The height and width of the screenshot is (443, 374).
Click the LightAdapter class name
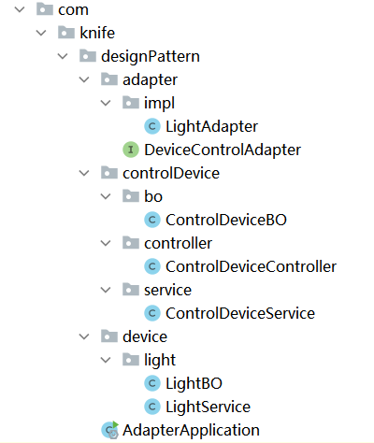click(211, 126)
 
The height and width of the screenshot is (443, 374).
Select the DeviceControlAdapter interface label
click(223, 150)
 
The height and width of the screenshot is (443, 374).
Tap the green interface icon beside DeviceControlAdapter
click(131, 150)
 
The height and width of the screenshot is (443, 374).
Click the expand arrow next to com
click(20, 9)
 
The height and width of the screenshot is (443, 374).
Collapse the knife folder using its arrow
click(41, 33)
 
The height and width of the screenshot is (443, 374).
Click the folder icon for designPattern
click(88, 56)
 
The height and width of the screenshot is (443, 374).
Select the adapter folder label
click(150, 80)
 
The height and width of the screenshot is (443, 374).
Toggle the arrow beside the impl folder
click(106, 103)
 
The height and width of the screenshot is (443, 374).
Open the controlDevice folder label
click(171, 173)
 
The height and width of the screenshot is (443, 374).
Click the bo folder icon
click(131, 196)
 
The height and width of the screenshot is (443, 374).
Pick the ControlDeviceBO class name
click(226, 220)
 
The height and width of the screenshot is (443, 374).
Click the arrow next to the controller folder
click(106, 243)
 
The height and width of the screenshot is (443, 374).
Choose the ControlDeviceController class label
click(251, 266)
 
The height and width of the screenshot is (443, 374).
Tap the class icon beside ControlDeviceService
click(152, 313)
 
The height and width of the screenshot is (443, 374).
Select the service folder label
click(167, 290)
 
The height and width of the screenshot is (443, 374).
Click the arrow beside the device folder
click(84, 336)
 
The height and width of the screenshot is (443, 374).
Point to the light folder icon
click(131, 360)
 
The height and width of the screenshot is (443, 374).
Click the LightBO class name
click(194, 383)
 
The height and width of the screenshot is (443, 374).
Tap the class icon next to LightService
click(152, 407)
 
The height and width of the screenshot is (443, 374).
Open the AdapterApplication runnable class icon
click(110, 430)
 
